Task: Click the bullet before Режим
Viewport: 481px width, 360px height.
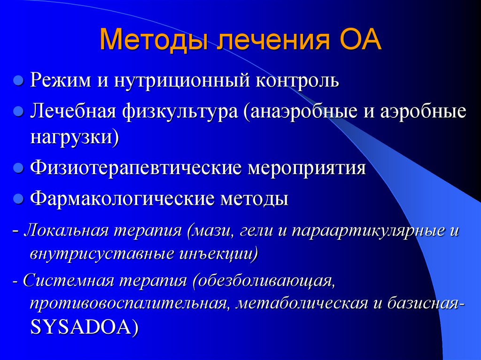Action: tap(19, 80)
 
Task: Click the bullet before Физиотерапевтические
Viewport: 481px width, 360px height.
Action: tap(19, 168)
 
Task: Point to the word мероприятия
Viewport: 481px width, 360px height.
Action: tap(307, 168)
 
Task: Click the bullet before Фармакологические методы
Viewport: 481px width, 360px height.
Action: tap(19, 199)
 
